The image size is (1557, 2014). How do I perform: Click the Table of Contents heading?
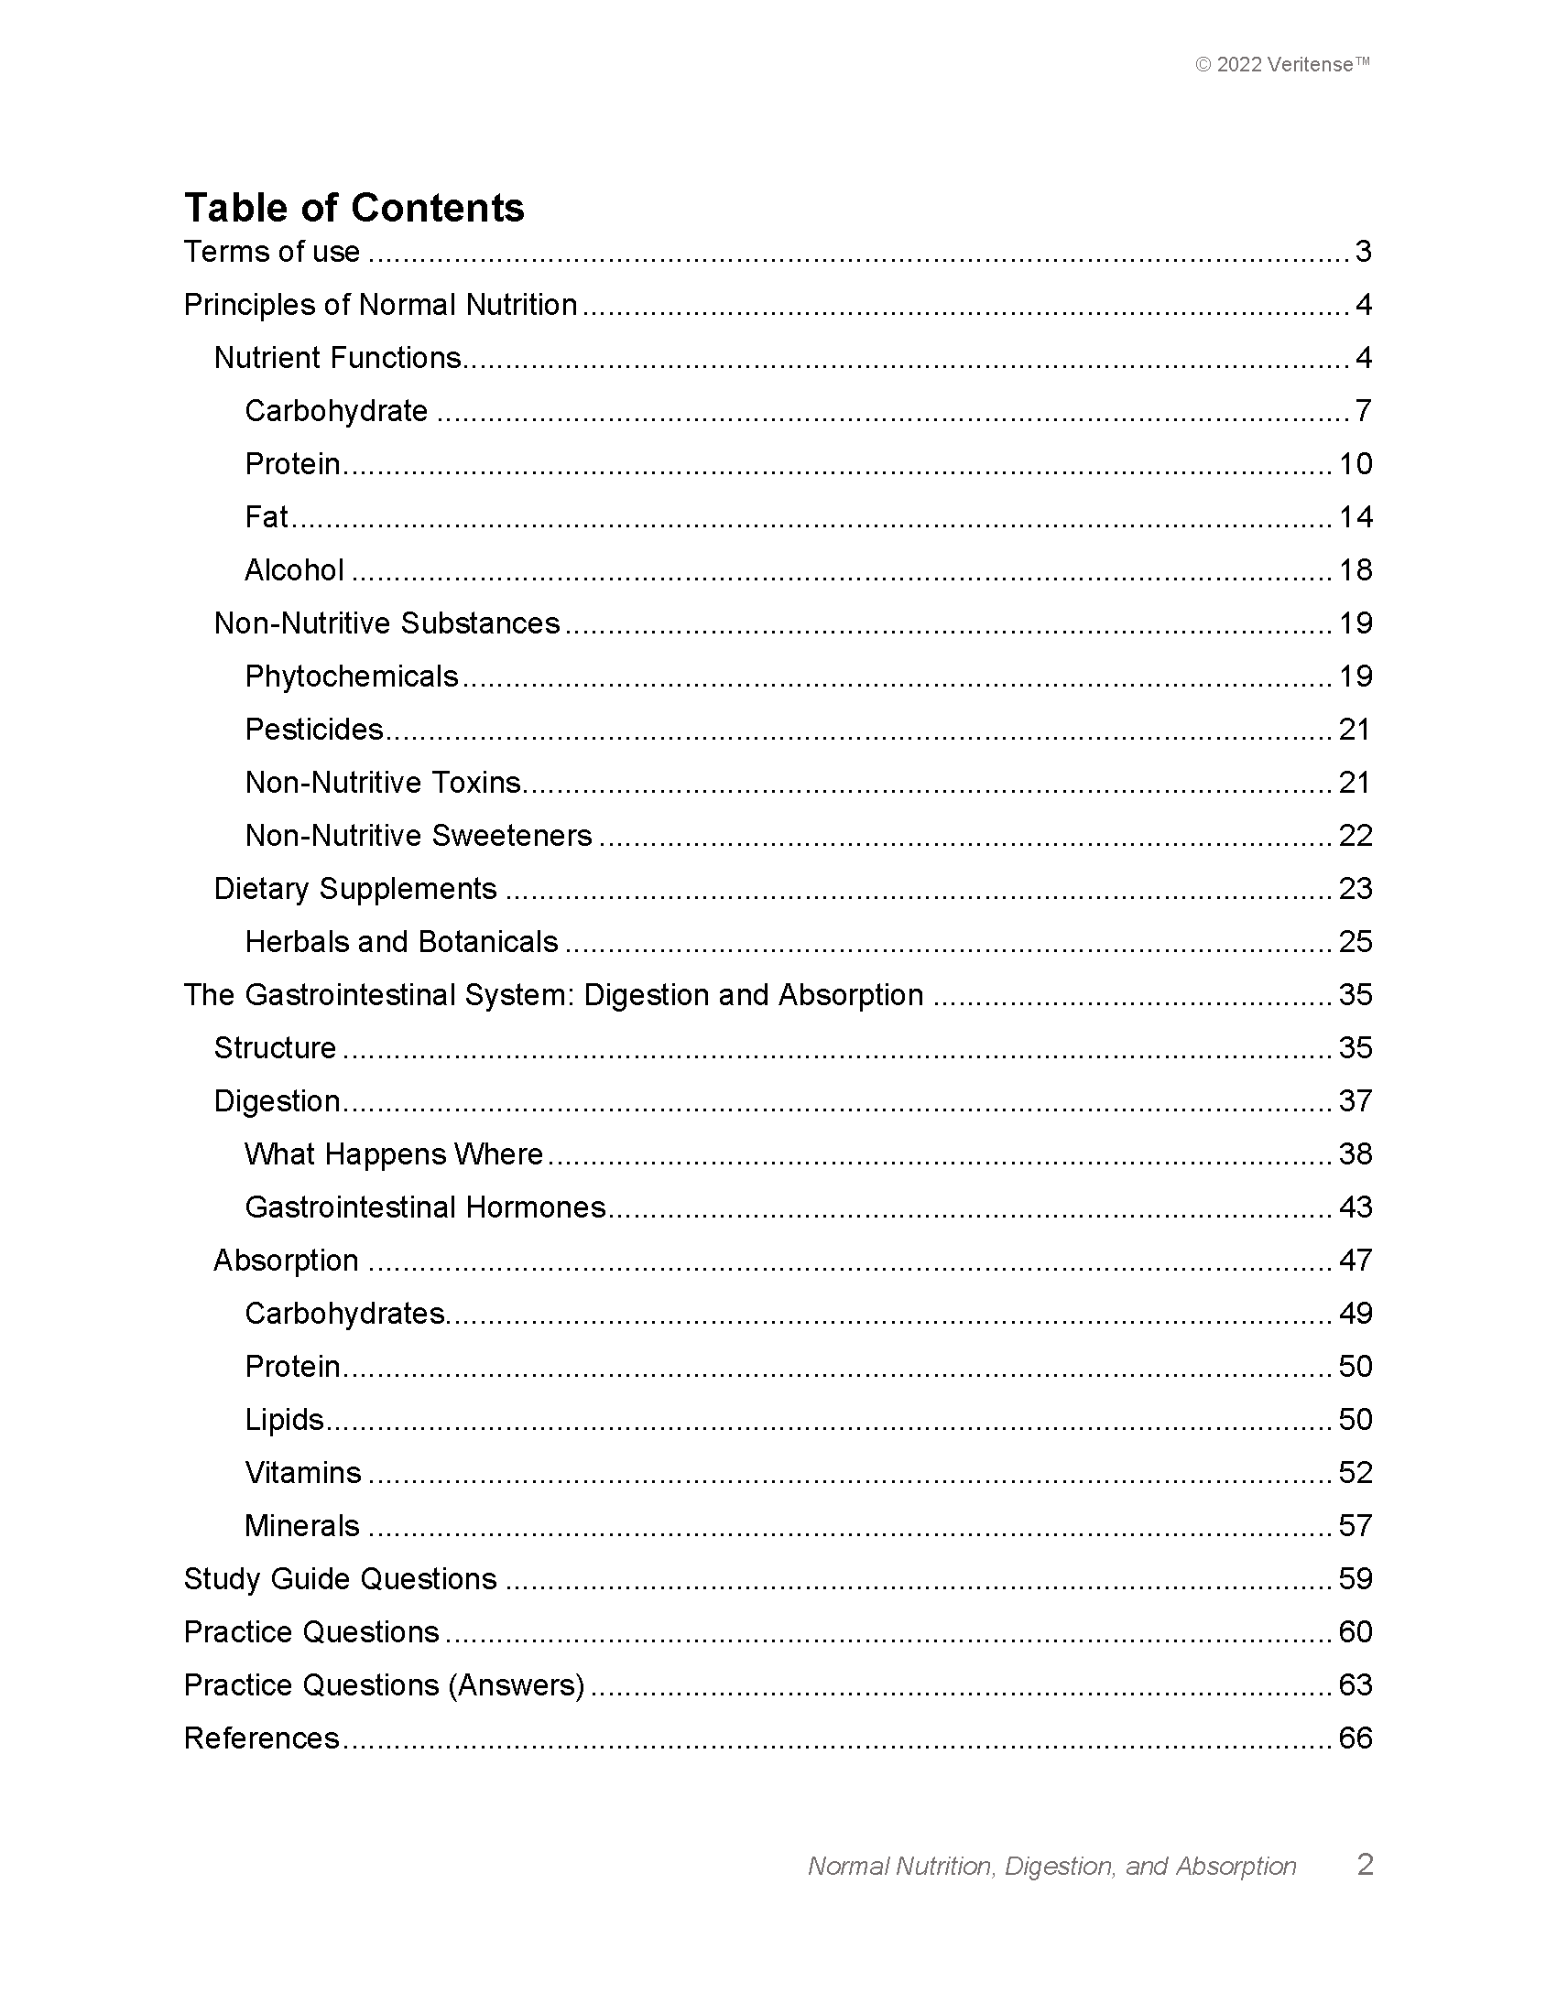(x=354, y=208)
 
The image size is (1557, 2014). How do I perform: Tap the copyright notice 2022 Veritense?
(x=1282, y=65)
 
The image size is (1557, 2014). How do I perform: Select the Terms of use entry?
(x=271, y=252)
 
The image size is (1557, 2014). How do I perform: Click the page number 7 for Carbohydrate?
(x=1363, y=411)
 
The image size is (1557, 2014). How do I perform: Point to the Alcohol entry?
(x=294, y=571)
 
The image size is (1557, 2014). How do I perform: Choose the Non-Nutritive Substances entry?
(x=387, y=623)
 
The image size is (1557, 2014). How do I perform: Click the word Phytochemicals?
(x=352, y=677)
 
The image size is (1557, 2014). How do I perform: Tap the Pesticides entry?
(x=313, y=731)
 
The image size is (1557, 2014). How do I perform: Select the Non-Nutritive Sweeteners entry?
(x=418, y=837)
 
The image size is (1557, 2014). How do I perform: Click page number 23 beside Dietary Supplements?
(x=1355, y=889)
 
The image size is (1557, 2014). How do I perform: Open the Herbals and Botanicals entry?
(x=401, y=942)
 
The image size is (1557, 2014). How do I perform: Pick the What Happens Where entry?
(x=394, y=1154)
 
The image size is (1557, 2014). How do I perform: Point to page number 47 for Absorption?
(x=1355, y=1261)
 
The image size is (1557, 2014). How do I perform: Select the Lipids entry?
(x=284, y=1420)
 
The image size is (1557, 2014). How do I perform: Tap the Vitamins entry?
(x=302, y=1473)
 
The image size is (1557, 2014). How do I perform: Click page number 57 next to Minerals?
(x=1355, y=1526)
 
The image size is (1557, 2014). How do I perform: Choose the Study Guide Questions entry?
(x=341, y=1580)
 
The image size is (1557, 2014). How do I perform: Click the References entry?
(x=262, y=1738)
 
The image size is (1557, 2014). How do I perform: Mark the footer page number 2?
(x=1366, y=1865)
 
